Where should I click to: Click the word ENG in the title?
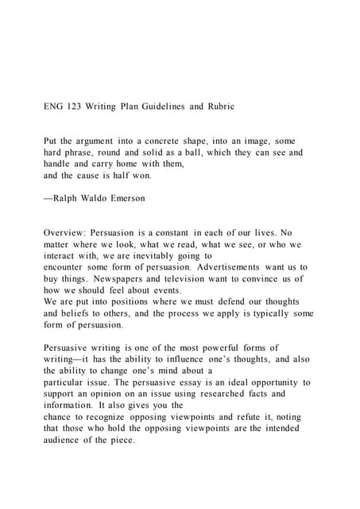(55, 105)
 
